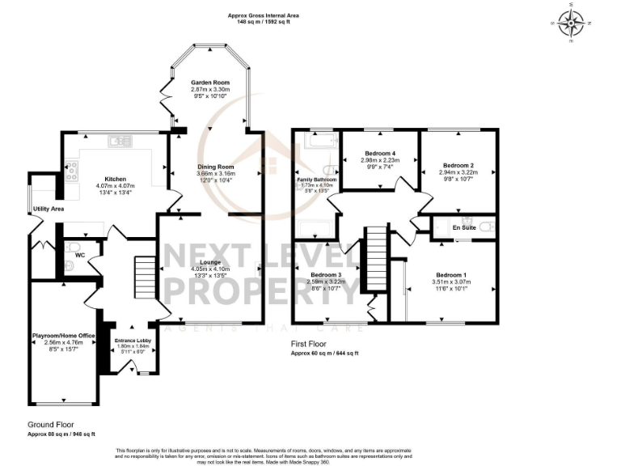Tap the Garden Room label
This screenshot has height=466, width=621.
tap(207, 83)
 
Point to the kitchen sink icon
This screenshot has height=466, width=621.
tap(122, 142)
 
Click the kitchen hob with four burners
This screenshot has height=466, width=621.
tap(71, 170)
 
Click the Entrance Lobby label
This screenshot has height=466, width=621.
tap(129, 340)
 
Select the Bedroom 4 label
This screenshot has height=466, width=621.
tap(379, 153)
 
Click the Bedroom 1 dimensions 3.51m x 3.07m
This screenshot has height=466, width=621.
tap(452, 282)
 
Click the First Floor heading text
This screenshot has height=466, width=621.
tap(309, 344)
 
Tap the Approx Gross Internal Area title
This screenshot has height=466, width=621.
tap(264, 16)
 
